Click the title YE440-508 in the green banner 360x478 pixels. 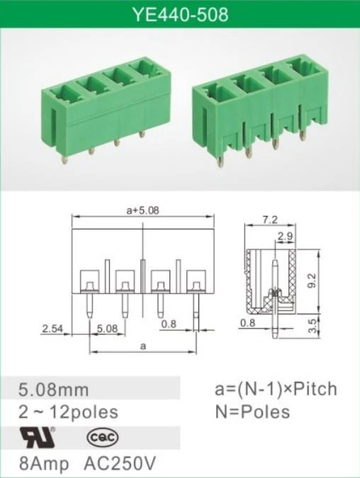tap(180, 14)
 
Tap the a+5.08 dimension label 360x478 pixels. tap(142, 210)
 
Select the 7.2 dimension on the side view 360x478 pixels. tap(270, 220)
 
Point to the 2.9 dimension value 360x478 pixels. tap(286, 236)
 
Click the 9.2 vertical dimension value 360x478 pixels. tap(312, 280)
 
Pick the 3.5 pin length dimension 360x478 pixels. tap(313, 326)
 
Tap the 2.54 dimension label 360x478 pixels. tap(52, 329)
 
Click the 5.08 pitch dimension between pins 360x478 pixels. tap(107, 329)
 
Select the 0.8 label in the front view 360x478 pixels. tap(169, 324)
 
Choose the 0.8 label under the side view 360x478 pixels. tap(247, 322)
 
